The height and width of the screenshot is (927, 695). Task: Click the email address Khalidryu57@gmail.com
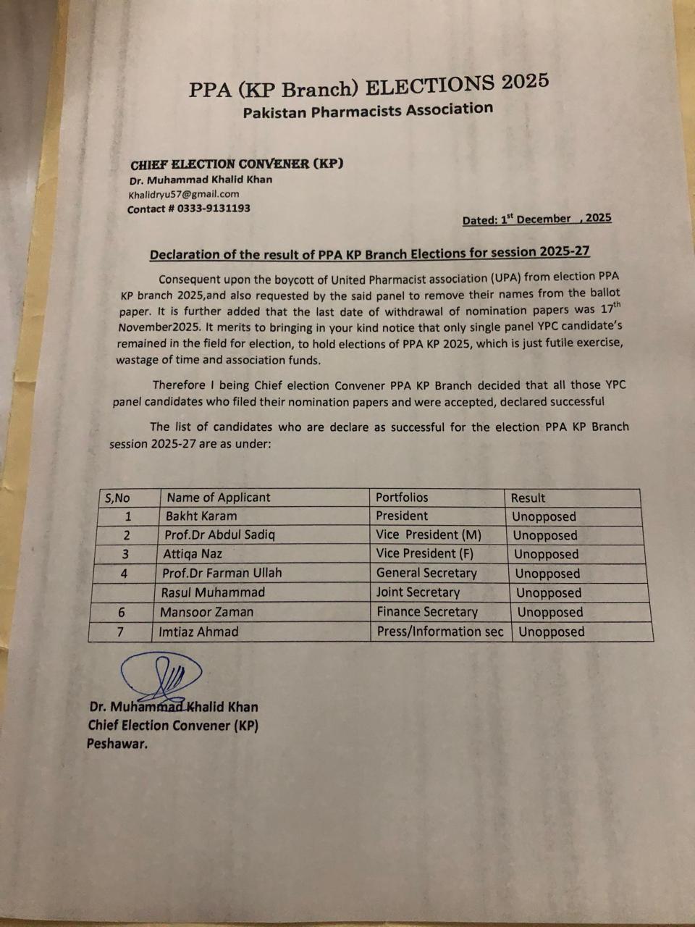183,194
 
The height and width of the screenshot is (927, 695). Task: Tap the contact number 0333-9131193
188,209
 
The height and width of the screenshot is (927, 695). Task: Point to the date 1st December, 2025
536,219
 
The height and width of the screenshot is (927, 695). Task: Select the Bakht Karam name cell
201,516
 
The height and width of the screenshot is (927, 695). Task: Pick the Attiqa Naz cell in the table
193,554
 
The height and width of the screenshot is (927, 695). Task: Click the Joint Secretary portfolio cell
418,592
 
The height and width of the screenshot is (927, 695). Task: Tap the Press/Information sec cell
439,632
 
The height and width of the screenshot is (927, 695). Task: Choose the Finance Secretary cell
427,612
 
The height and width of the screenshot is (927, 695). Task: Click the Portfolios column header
402,498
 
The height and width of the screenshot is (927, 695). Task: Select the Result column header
528,498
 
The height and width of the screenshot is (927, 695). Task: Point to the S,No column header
118,498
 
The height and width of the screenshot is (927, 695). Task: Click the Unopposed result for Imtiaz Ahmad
551,632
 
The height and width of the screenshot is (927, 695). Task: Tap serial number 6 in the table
122,613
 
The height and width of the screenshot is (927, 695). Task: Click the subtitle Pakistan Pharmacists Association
368,111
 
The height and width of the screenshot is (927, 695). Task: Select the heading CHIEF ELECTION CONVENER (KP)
237,164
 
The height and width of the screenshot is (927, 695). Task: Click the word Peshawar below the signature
117,743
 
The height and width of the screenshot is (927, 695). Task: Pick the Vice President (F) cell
426,554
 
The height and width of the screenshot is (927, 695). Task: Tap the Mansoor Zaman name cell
206,612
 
